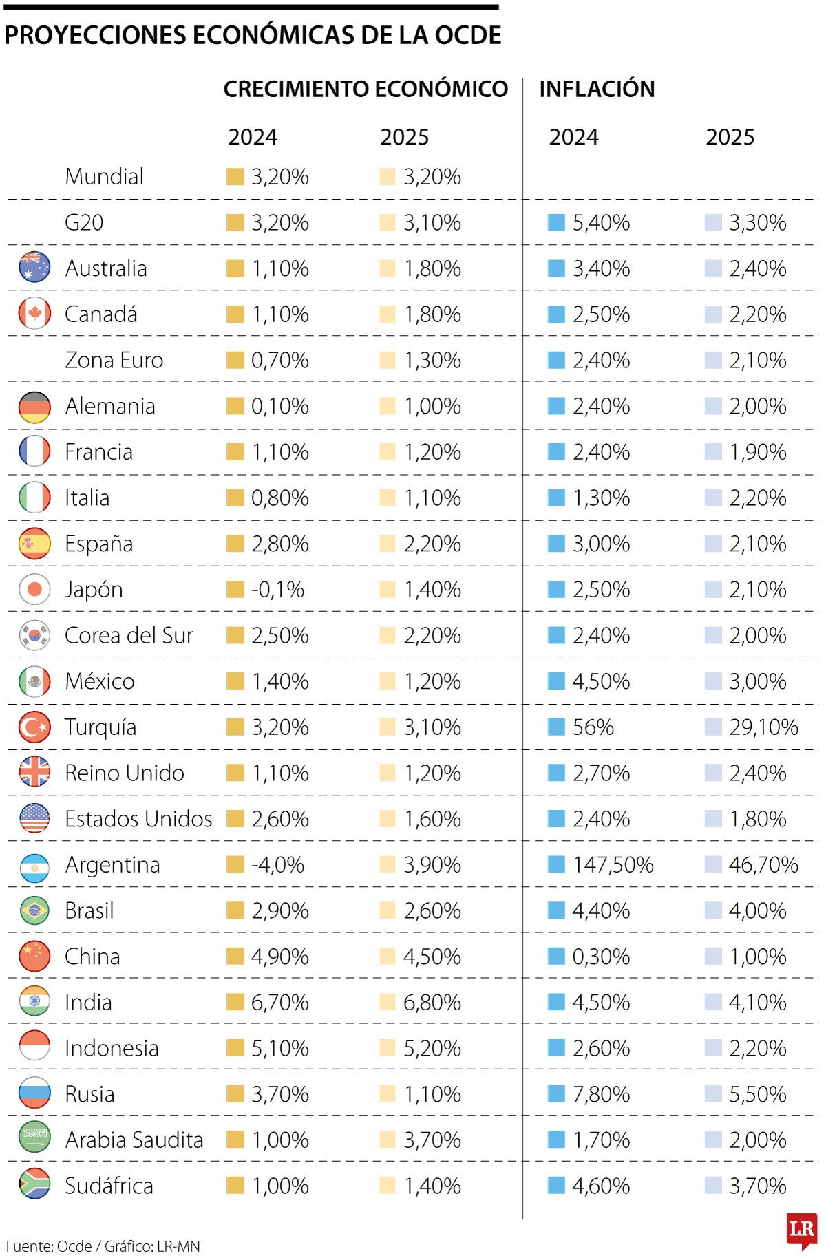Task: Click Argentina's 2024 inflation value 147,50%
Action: (613, 865)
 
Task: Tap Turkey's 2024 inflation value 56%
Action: (593, 727)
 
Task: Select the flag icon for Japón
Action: (34, 590)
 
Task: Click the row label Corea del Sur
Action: (129, 635)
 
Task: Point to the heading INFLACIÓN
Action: (597, 89)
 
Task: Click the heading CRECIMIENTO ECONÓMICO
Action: (366, 89)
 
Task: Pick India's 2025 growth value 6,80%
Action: (432, 1003)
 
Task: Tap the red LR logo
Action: (801, 1230)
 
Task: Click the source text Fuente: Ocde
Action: (48, 1246)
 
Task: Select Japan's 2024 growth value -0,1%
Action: (277, 590)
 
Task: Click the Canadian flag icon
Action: (34, 314)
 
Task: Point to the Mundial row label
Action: (104, 177)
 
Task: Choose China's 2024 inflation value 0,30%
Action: (601, 957)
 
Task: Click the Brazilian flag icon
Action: (34, 910)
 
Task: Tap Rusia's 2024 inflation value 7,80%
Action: (601, 1094)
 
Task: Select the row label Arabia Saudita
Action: (134, 1140)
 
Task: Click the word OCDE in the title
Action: (467, 35)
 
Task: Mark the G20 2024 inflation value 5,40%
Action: (601, 223)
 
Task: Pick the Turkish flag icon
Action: (34, 727)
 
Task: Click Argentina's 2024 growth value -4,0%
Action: (277, 865)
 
